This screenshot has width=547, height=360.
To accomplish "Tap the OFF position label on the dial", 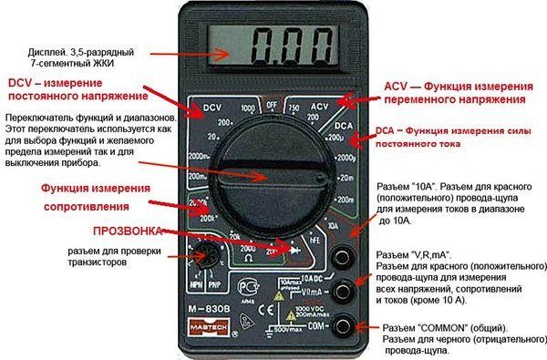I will [270, 105].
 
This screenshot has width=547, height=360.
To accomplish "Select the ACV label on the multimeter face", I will [318, 108].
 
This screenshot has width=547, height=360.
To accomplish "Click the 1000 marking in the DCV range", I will [246, 109].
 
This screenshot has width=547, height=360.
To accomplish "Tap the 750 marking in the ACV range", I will [294, 109].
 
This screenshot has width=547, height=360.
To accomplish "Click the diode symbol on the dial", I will [293, 248].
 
